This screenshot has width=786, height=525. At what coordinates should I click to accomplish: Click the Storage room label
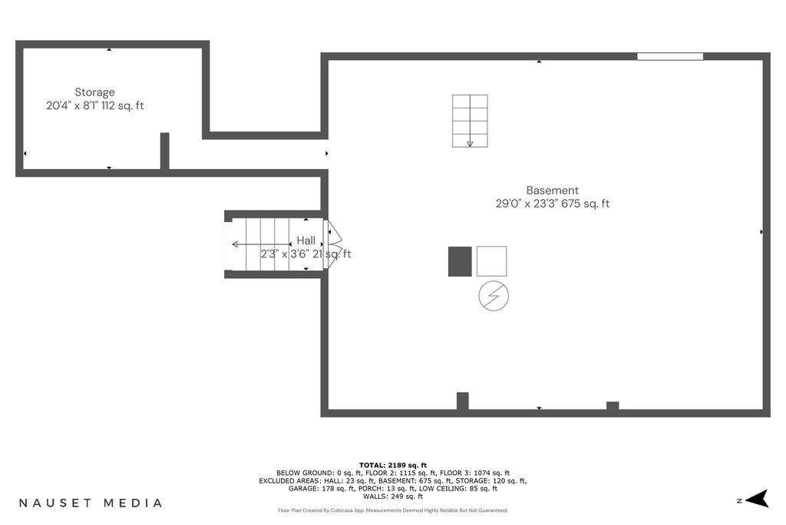[94, 92]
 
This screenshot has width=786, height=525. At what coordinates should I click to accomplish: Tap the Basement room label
[553, 191]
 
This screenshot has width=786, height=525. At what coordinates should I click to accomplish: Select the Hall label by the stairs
[305, 241]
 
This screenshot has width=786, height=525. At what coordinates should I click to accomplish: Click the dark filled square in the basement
[460, 261]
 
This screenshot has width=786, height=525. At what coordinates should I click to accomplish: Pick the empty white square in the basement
[491, 261]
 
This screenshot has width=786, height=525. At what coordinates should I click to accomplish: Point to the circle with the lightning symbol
[494, 296]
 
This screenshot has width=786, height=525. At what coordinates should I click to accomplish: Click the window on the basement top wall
[670, 57]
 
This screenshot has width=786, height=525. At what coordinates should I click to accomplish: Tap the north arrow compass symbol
[758, 499]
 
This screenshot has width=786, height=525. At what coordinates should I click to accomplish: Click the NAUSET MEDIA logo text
[91, 503]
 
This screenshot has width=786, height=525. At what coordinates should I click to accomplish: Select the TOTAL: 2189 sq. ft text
[393, 465]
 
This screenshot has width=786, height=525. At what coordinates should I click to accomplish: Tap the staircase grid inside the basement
[470, 121]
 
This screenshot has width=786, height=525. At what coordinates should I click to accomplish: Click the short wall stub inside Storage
[164, 151]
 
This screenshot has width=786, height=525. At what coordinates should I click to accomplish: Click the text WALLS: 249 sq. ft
[393, 497]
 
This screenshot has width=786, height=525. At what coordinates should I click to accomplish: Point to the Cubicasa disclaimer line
[393, 510]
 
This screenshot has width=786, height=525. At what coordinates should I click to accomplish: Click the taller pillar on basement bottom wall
[463, 401]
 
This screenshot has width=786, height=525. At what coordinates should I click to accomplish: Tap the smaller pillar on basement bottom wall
[613, 406]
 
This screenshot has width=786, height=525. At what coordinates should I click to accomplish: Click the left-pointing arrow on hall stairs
[261, 244]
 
